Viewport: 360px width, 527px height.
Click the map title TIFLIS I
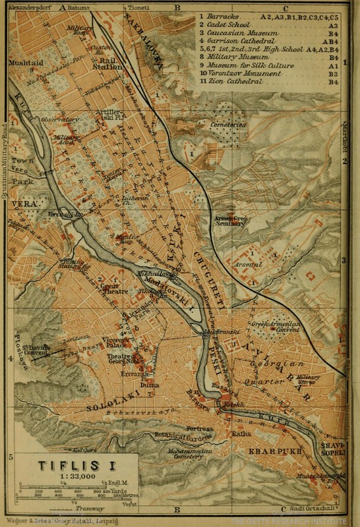coord(68,466)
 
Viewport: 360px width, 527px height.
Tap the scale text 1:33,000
coord(68,478)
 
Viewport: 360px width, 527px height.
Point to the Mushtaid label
coord(24,65)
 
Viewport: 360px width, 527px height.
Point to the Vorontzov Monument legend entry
coord(243,74)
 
